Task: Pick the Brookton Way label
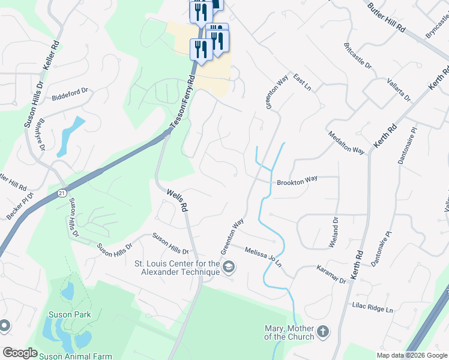click(297, 181)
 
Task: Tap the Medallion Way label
click(346, 143)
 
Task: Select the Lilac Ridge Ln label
click(372, 309)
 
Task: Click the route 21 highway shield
click(62, 193)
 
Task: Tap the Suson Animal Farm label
click(73, 355)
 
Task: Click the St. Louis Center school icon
click(228, 266)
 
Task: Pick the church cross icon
click(323, 331)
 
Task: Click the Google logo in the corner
click(20, 353)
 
